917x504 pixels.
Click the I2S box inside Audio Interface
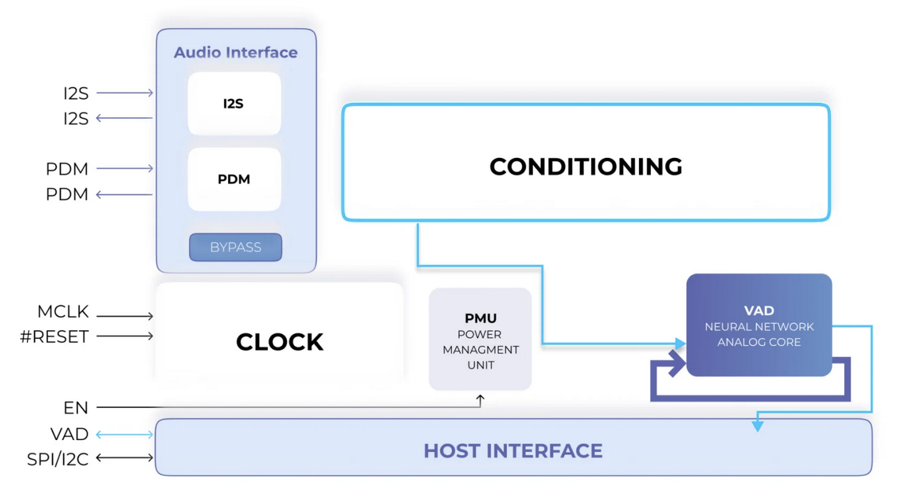tap(234, 104)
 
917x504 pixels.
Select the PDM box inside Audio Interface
tap(234, 179)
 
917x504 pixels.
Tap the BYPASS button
tap(235, 248)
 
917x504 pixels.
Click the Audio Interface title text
tap(236, 52)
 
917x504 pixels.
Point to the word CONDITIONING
tap(586, 167)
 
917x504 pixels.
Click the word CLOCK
tap(279, 342)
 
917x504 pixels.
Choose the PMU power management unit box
tap(480, 339)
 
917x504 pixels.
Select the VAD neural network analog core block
tap(759, 325)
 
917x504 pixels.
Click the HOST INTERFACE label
tap(513, 451)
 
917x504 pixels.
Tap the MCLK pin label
tap(63, 313)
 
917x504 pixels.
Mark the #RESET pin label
tap(54, 337)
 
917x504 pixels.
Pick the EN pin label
tap(75, 407)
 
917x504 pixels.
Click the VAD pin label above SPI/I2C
tap(69, 434)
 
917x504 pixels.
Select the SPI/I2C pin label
tap(58, 459)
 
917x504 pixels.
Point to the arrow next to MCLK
tap(125, 316)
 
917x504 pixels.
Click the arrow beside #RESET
tap(125, 336)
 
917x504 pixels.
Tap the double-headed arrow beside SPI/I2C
tap(125, 457)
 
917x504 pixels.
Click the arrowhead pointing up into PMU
tap(480, 399)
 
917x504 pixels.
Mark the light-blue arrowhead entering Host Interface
tap(758, 426)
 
